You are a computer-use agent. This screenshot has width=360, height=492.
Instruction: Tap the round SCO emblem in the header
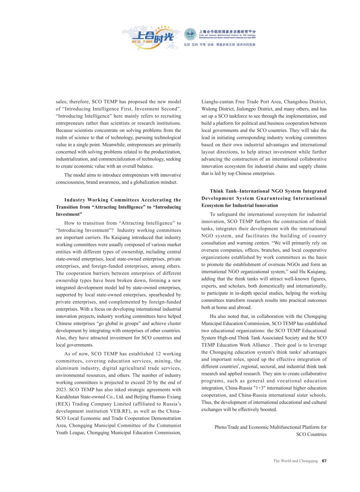(190, 34)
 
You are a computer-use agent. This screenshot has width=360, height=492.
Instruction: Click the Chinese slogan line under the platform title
(219, 44)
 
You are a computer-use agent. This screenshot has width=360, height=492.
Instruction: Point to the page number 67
(324, 461)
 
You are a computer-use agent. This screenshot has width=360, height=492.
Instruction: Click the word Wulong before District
(210, 109)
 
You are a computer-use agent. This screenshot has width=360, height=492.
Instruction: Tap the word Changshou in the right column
(294, 102)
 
